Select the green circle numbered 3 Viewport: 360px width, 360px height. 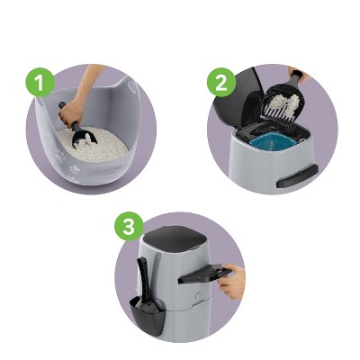coord(128,227)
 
